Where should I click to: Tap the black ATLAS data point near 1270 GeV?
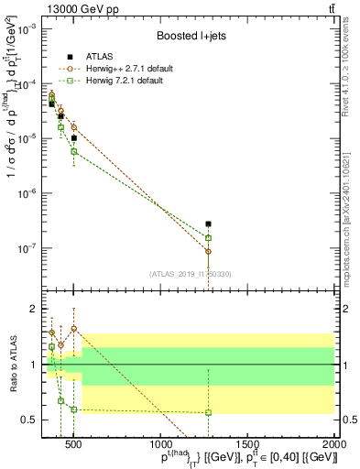pyautogui.click(x=209, y=224)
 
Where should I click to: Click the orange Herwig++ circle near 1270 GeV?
pyautogui.click(x=209, y=251)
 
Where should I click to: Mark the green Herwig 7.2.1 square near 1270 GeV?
pyautogui.click(x=209, y=238)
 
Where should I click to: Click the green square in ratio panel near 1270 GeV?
pyautogui.click(x=209, y=412)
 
